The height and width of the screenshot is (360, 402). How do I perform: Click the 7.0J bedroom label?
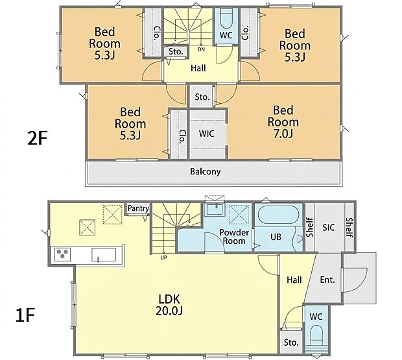click(283, 122)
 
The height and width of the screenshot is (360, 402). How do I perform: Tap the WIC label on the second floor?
click(207, 134)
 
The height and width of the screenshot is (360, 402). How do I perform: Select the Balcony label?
click(206, 171)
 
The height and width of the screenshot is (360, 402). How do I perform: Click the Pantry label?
click(139, 208)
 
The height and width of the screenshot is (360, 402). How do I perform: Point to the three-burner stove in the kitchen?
click(62, 254)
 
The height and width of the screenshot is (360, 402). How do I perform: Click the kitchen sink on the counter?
click(104, 255)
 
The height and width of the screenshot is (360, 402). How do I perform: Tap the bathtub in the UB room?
click(278, 215)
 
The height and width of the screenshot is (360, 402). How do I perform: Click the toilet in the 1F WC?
click(316, 335)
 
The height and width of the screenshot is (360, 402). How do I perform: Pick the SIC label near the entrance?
click(329, 227)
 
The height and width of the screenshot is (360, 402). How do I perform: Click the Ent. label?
click(327, 280)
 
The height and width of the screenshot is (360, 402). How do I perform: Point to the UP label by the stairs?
click(163, 257)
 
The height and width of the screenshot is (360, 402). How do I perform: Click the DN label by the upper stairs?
click(202, 49)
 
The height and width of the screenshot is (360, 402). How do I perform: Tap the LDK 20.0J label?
click(169, 305)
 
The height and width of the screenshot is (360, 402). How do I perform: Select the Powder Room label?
click(234, 236)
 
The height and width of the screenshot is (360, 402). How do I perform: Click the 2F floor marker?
click(37, 139)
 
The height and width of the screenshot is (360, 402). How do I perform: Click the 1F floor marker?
click(25, 315)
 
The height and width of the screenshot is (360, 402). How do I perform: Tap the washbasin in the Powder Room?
click(216, 209)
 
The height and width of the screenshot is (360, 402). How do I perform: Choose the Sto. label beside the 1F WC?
click(291, 342)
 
